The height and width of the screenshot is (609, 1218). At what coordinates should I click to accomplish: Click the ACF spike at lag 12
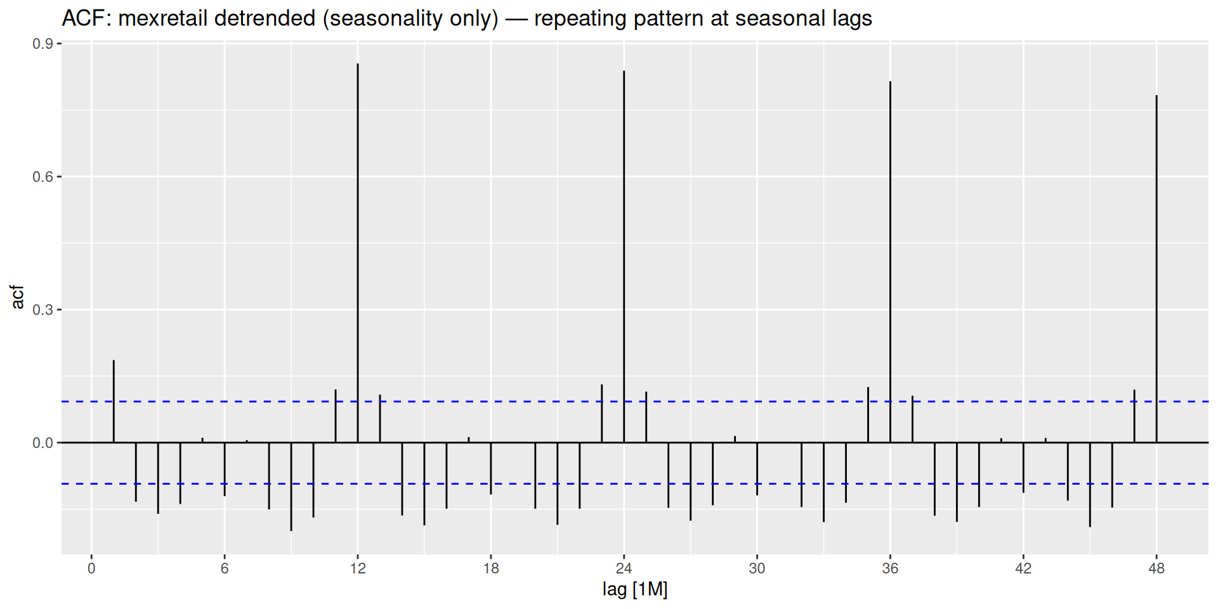coord(358,254)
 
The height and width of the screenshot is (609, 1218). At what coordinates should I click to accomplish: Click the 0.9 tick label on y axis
coord(43,44)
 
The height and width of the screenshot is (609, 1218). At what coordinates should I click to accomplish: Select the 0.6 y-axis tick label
coord(43,177)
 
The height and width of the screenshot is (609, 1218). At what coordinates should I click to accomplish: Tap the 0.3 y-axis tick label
coord(43,310)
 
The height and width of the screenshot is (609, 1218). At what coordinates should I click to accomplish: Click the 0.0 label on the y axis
coord(43,443)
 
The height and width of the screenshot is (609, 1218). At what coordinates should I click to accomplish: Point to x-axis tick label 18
coord(491,568)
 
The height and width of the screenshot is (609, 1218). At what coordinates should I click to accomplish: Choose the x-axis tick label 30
coord(757,568)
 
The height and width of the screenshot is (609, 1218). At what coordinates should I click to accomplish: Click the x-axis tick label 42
coord(1023,568)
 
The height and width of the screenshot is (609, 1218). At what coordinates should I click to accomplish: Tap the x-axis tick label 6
coord(225,568)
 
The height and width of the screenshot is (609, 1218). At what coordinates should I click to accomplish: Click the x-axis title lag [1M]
coord(635,590)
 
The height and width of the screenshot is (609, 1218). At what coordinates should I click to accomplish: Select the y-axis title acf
coord(18,297)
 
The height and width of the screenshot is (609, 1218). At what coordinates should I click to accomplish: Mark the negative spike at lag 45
coord(1090,485)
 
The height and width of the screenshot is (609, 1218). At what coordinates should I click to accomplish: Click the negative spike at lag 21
coord(558,483)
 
